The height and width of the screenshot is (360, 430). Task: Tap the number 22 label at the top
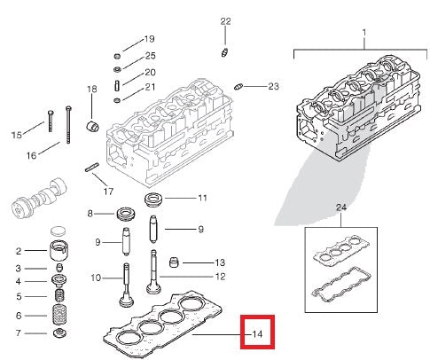click(225, 20)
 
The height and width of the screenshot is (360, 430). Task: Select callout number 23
click(273, 86)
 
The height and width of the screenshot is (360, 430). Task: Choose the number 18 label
click(91, 90)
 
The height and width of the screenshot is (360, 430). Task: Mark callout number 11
click(202, 198)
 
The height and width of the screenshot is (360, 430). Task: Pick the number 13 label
click(220, 262)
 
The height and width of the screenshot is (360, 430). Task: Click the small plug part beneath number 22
click(225, 51)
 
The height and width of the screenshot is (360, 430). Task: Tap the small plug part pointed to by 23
click(240, 85)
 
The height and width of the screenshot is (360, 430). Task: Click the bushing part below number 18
click(90, 121)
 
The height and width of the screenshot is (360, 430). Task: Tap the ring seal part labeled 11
click(153, 197)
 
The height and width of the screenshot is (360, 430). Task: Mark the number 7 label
click(18, 333)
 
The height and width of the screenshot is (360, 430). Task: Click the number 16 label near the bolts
click(31, 156)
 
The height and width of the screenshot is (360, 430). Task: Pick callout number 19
click(149, 39)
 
